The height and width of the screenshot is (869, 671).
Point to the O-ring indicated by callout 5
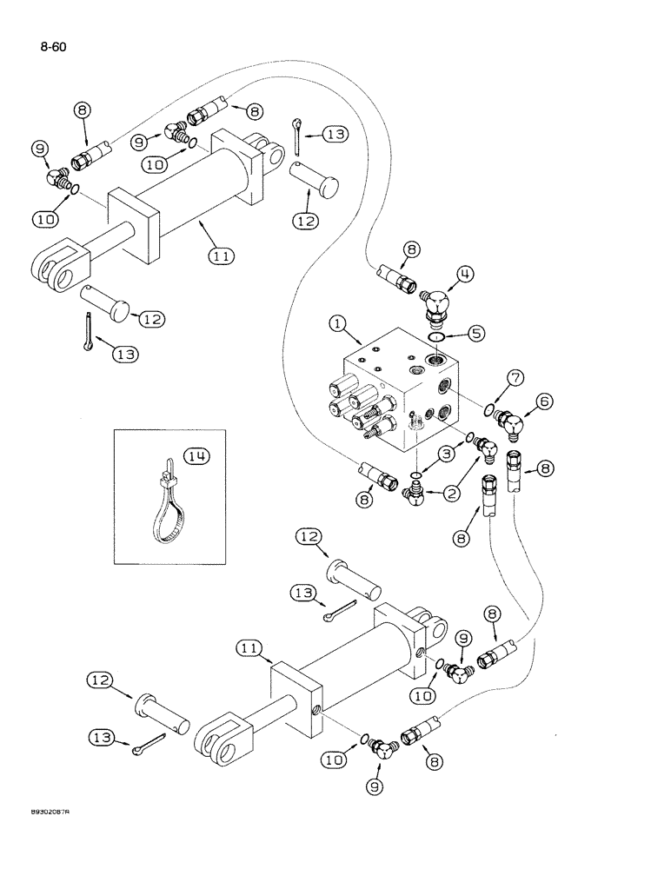click(x=438, y=337)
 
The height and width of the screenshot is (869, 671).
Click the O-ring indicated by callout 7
click(x=490, y=409)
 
